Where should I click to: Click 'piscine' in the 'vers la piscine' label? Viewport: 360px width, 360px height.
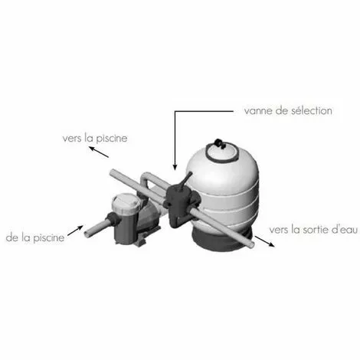point(111,139)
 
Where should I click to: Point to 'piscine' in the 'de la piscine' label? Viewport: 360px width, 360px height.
point(49,238)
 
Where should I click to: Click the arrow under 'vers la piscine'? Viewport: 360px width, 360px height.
point(99,152)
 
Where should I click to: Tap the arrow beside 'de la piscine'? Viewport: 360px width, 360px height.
point(75,231)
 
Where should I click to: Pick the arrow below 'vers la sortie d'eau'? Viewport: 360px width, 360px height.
point(264,241)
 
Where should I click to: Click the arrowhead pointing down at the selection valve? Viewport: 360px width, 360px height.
point(175,167)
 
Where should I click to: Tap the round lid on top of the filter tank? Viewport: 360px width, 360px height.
point(221,152)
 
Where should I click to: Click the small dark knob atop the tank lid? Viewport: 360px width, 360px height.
point(219,143)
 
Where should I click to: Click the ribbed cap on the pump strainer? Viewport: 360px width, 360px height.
point(126,203)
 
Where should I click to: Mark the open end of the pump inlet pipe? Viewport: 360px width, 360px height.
point(87,234)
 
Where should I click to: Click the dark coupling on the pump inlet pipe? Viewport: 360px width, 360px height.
point(113,221)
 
